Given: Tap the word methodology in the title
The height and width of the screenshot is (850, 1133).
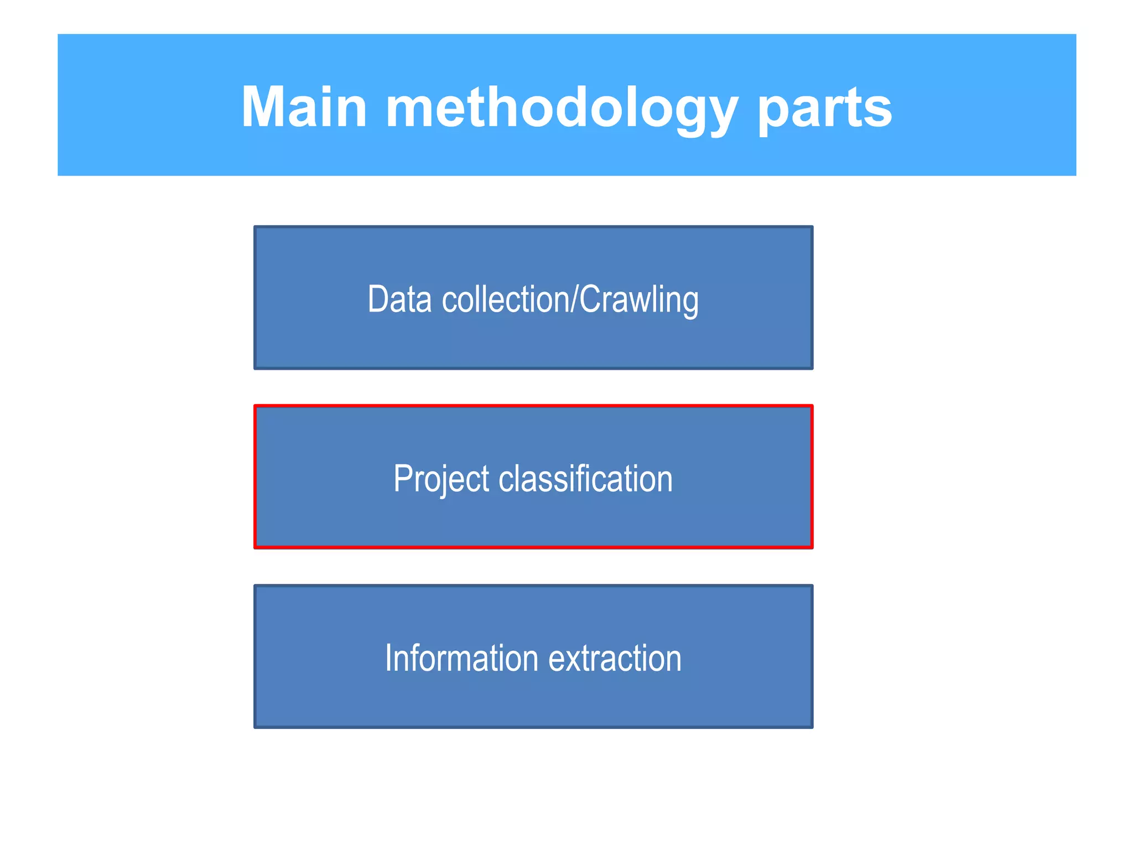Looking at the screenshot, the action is click(x=562, y=108).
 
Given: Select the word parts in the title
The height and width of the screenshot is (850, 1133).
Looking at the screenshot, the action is click(x=824, y=108).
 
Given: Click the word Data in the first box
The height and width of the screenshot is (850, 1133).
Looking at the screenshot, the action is click(x=399, y=299).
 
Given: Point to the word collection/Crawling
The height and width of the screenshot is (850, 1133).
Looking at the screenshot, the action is click(x=570, y=299).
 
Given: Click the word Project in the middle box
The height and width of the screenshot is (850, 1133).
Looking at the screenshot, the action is click(x=441, y=479).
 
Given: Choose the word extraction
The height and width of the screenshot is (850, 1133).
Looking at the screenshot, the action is click(x=615, y=658).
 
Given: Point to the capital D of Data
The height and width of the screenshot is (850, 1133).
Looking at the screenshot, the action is click(x=377, y=299).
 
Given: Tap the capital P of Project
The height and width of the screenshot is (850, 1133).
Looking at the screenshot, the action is click(x=402, y=479).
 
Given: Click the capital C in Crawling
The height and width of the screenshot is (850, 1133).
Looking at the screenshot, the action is click(x=589, y=299).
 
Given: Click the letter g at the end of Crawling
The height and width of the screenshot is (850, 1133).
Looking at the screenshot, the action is click(x=690, y=303).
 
